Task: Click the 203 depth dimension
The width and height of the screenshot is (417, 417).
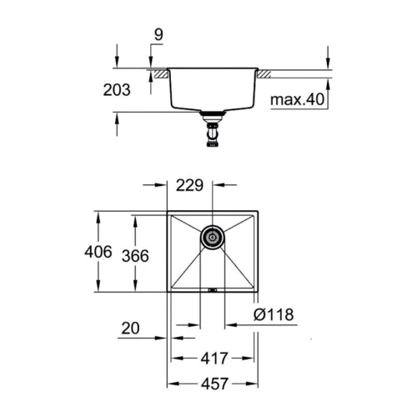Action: (117, 91)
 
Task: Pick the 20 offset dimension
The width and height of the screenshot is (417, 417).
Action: (130, 329)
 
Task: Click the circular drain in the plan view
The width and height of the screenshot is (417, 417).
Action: (212, 237)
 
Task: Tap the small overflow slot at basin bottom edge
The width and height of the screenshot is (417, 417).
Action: (212, 290)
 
